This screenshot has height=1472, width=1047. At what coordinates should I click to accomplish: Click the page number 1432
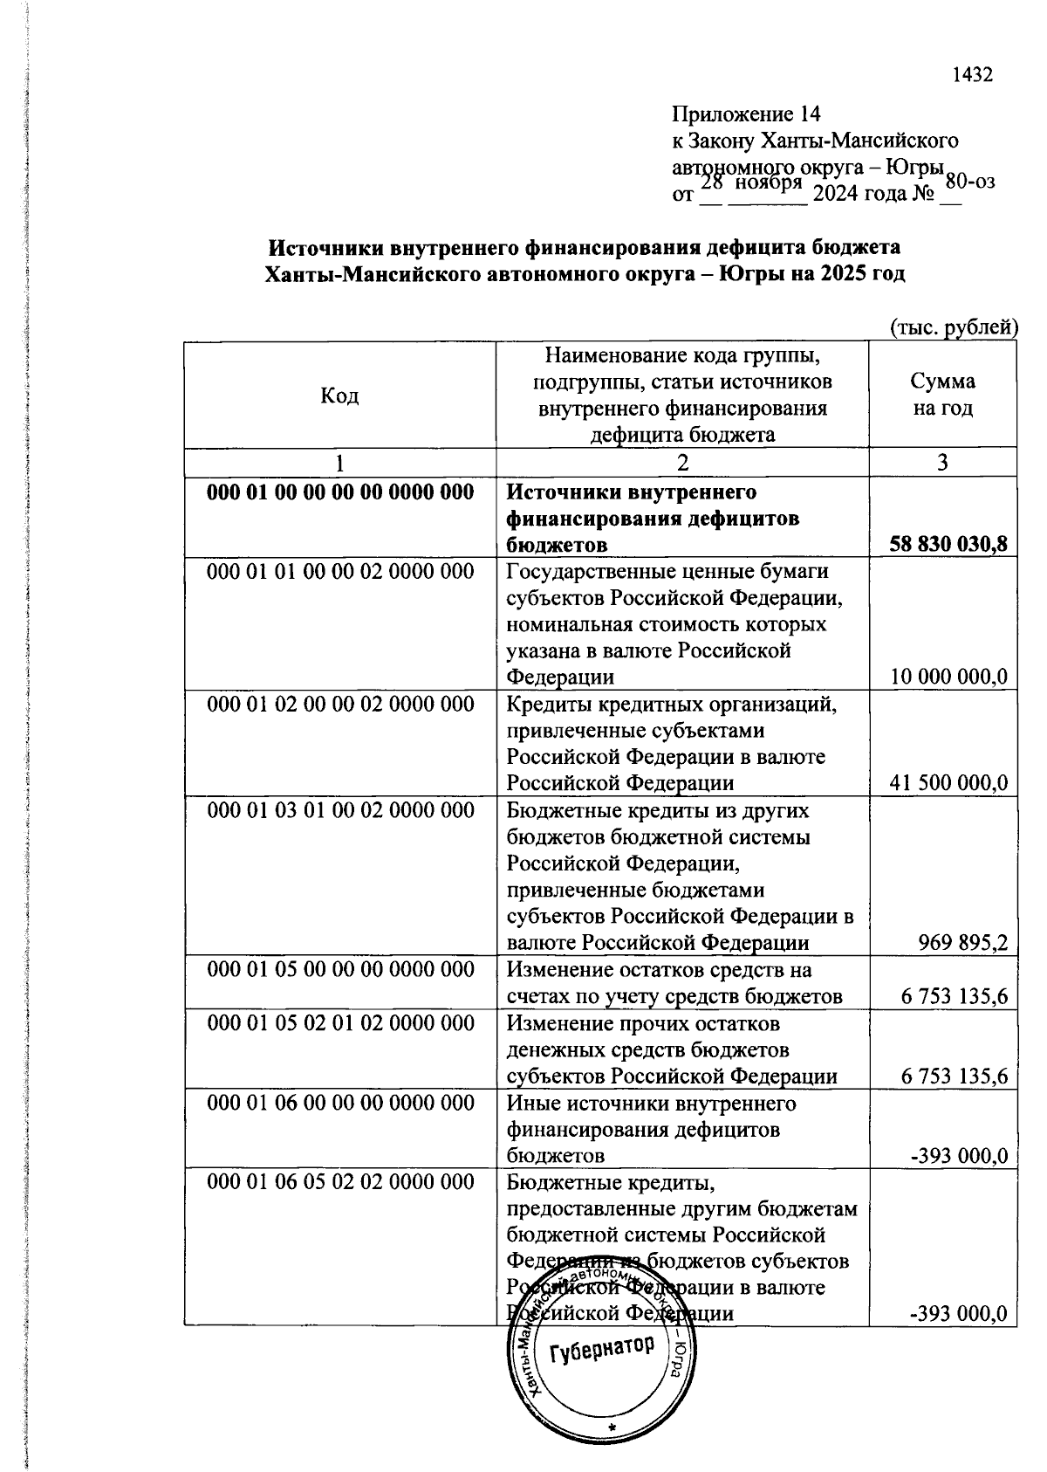point(972,75)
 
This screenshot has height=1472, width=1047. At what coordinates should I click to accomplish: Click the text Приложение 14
point(746,114)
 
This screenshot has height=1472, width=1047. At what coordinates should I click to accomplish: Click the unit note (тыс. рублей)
point(954,327)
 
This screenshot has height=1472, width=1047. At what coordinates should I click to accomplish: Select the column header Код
point(339,396)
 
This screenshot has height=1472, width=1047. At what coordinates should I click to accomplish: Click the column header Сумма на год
point(942,395)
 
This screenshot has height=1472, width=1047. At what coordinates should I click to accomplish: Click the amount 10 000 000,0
point(948,677)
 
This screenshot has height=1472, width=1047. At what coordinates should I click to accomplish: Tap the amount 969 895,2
point(962,943)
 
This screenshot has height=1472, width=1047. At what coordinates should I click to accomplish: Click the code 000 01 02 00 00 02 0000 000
point(340,704)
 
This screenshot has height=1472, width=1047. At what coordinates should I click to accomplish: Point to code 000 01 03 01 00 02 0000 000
point(340,810)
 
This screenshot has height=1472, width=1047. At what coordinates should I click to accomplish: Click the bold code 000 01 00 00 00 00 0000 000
point(340,492)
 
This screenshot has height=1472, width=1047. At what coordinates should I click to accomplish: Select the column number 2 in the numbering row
point(682,463)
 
